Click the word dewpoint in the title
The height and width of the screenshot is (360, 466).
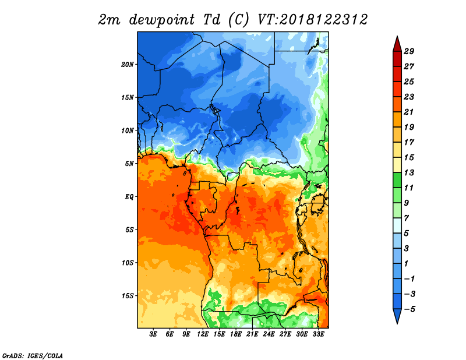pyautogui.click(x=162, y=20)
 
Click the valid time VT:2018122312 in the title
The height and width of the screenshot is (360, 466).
pyautogui.click(x=312, y=20)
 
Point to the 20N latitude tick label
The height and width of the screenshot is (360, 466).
pyautogui.click(x=128, y=65)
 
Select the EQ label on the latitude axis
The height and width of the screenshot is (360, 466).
pyautogui.click(x=129, y=197)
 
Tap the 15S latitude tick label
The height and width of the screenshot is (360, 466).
pyautogui.click(x=128, y=296)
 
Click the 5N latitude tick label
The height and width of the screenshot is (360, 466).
pyautogui.click(x=129, y=164)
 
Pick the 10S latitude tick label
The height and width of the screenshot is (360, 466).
pyautogui.click(x=128, y=263)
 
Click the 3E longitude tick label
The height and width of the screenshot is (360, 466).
pyautogui.click(x=153, y=334)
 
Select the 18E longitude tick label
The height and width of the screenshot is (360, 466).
pyautogui.click(x=236, y=334)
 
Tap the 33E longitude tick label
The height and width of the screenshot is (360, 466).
pyautogui.click(x=318, y=334)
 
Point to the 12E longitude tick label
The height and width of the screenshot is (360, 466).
pyautogui.click(x=203, y=334)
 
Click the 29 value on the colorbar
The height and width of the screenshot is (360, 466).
pyautogui.click(x=409, y=51)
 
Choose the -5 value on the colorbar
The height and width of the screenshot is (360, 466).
pyautogui.click(x=409, y=309)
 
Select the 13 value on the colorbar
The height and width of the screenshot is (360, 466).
pyautogui.click(x=409, y=172)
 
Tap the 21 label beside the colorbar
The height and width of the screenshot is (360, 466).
pyautogui.click(x=409, y=112)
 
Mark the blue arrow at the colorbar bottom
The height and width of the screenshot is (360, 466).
pyautogui.click(x=397, y=316)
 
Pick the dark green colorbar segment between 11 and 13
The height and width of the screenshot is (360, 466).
pyautogui.click(x=397, y=180)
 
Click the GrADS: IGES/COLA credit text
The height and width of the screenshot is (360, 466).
pyautogui.click(x=33, y=355)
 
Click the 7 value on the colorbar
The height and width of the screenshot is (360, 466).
pyautogui.click(x=407, y=218)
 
